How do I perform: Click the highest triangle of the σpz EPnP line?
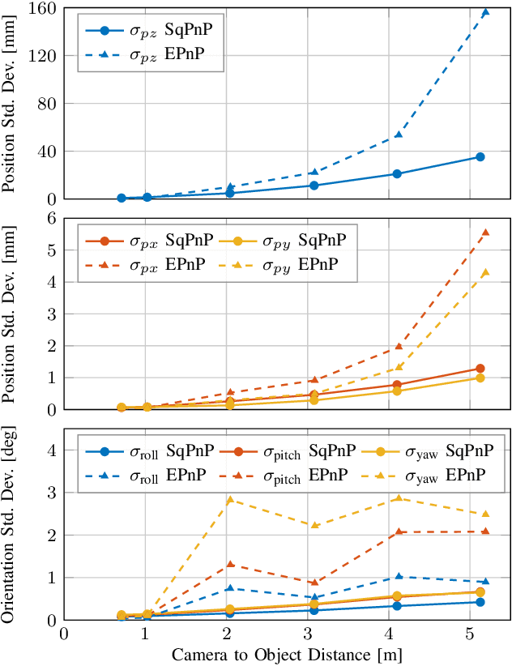coord(485,12)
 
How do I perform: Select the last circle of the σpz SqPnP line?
coord(480,157)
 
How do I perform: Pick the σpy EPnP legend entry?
coord(284,264)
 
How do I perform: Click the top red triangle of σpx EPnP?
coord(485,233)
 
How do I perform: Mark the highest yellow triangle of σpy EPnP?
coord(485,272)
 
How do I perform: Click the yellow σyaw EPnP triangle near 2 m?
coord(230,499)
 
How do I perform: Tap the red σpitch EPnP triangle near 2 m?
coord(230,564)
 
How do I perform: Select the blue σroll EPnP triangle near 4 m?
coord(399,576)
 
